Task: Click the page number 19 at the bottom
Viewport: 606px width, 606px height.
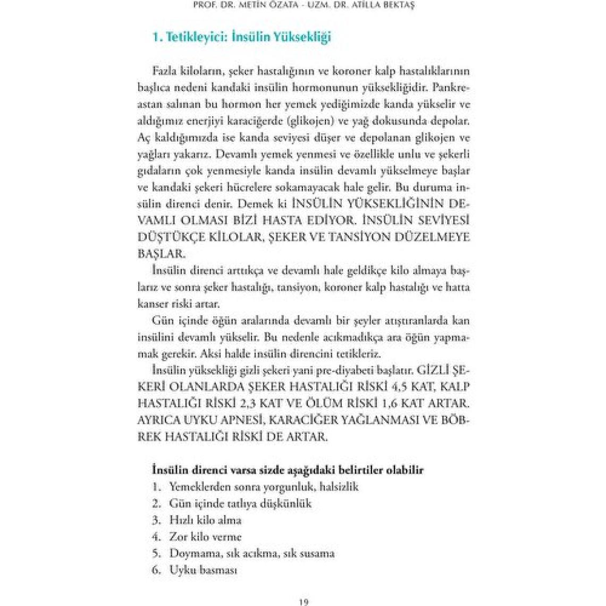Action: pyautogui.click(x=304, y=602)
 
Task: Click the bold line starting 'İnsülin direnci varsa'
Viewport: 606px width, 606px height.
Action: pyautogui.click(x=288, y=470)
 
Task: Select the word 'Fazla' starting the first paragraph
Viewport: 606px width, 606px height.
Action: pyautogui.click(x=164, y=71)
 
